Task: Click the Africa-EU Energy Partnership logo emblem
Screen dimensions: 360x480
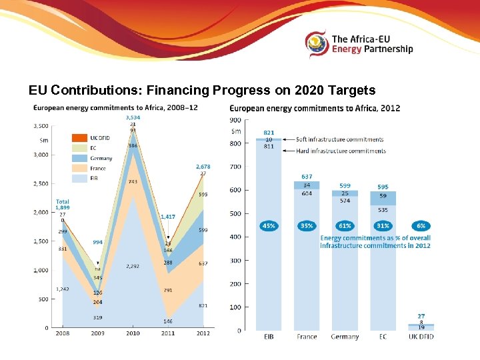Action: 317,45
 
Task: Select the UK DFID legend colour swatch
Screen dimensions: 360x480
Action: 80,138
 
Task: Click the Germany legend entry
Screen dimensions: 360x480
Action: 101,158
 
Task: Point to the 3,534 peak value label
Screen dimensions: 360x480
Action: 133,118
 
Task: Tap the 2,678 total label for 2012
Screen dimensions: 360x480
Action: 203,167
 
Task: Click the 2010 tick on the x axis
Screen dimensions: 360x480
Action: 133,333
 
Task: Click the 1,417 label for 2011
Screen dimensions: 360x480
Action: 167,217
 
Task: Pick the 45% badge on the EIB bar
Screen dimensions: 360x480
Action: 269,226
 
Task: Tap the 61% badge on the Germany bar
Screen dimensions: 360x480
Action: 345,226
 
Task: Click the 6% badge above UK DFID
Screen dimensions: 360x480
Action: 421,226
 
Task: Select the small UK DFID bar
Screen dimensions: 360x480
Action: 421,326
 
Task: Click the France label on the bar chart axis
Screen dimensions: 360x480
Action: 307,337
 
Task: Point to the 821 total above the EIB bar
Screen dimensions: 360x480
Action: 269,133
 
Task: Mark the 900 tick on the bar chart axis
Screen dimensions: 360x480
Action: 234,120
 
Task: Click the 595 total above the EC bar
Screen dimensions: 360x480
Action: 383,187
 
